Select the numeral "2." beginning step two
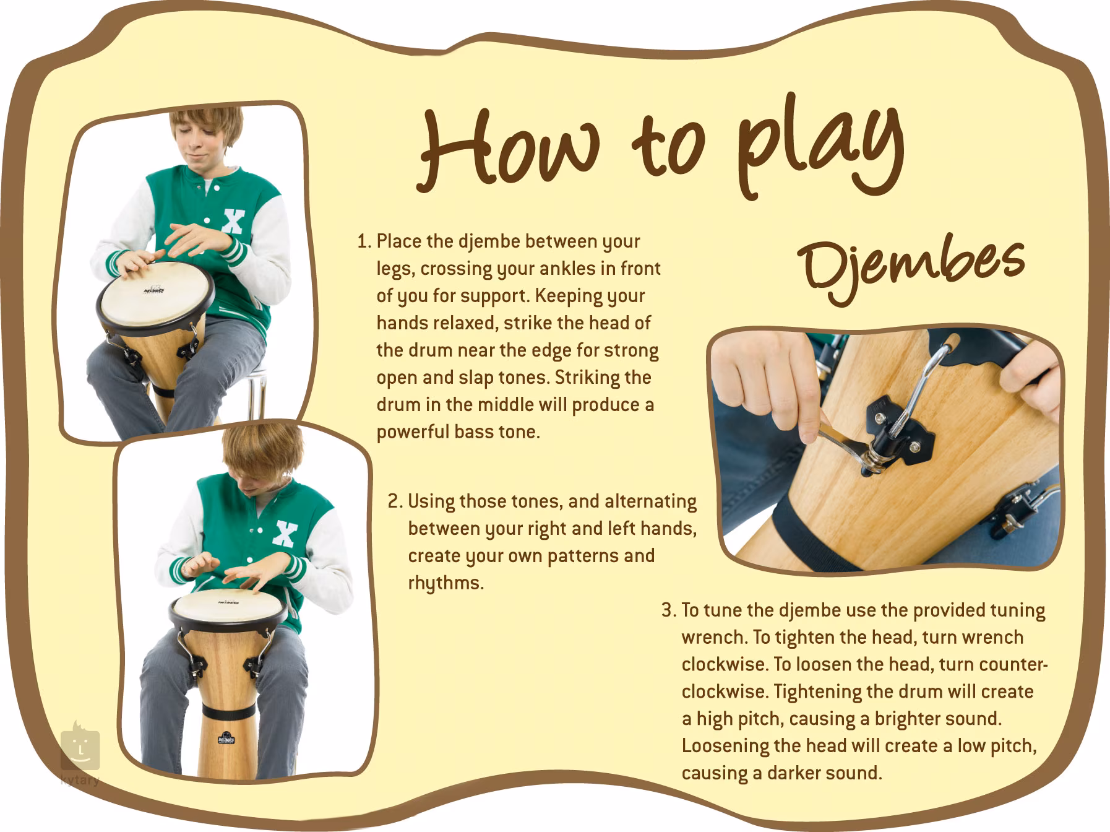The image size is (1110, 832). [x=396, y=501]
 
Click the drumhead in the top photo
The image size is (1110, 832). [x=155, y=295]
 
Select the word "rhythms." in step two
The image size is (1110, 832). [x=445, y=583]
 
